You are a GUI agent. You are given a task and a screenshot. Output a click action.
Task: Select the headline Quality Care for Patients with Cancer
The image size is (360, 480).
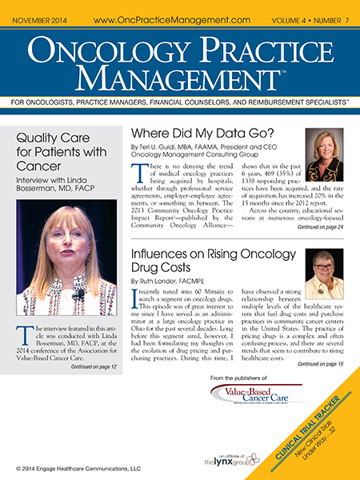coord(62,150)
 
